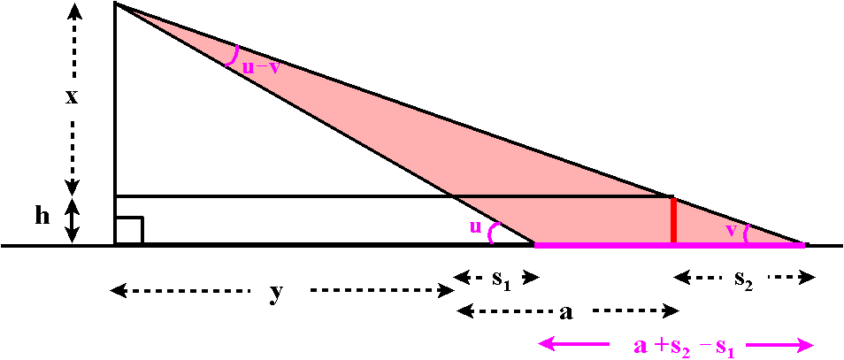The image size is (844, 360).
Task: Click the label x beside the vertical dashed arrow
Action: (x=72, y=97)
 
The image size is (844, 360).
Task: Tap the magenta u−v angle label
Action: (x=260, y=68)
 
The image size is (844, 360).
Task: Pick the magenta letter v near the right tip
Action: (x=730, y=230)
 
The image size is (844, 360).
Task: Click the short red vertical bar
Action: (x=673, y=220)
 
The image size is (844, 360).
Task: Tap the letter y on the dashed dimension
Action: (x=276, y=294)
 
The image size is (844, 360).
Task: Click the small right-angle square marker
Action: (x=129, y=230)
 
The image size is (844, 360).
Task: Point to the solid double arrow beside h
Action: (x=73, y=220)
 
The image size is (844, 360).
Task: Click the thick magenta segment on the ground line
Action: (x=670, y=245)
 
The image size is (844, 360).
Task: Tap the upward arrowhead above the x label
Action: (x=74, y=10)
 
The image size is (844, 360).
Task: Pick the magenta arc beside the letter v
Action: (x=746, y=233)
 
